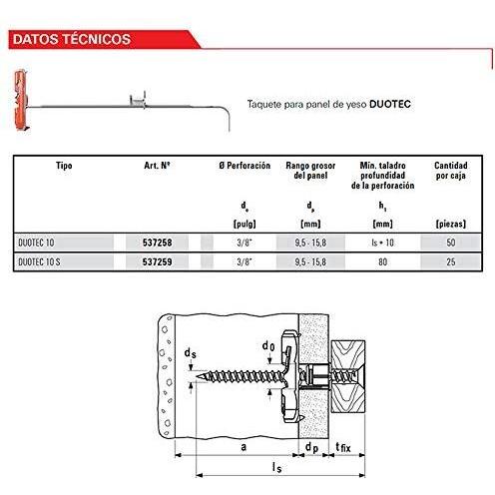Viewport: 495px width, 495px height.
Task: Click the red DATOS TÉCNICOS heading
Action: (x=72, y=39)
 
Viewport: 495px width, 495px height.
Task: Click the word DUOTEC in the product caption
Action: (x=390, y=104)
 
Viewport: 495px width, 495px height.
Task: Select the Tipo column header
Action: (x=64, y=166)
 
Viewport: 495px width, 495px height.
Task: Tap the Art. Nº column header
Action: (x=157, y=166)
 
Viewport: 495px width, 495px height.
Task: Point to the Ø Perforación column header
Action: (x=245, y=166)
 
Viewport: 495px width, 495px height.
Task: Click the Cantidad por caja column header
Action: (x=451, y=171)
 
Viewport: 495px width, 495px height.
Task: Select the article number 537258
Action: (x=157, y=243)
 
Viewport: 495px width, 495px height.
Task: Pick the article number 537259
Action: (x=157, y=261)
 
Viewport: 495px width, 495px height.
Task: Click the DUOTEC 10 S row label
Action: (x=39, y=261)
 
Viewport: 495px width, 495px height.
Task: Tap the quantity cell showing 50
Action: (x=451, y=243)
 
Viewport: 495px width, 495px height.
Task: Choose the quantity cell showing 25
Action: (x=451, y=261)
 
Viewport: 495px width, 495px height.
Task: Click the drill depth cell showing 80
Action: (x=382, y=261)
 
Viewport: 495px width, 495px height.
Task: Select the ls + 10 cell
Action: (x=382, y=243)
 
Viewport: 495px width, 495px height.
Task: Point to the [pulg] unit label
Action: (x=245, y=224)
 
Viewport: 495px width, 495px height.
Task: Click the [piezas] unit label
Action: (x=451, y=224)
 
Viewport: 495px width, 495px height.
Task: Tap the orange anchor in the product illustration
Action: (x=21, y=100)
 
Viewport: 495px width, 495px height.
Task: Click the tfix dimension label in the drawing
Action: (x=343, y=447)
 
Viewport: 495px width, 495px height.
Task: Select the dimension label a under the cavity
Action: (x=244, y=447)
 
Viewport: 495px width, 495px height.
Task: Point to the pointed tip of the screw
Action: (x=197, y=376)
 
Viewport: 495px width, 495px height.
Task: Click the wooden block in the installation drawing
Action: (x=348, y=376)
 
